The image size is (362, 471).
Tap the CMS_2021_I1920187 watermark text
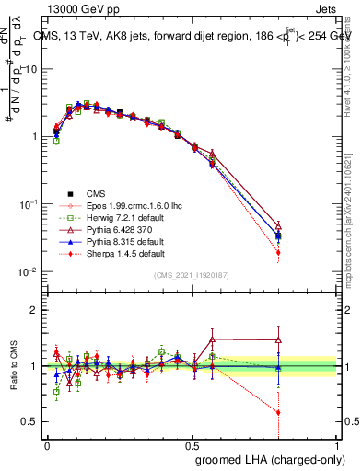point(193,276)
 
